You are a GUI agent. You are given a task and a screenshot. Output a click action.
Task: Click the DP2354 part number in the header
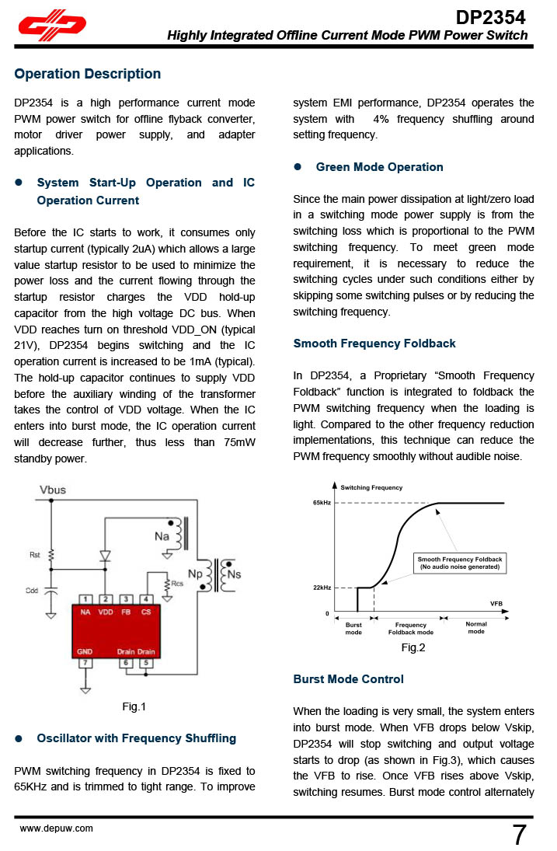(490, 17)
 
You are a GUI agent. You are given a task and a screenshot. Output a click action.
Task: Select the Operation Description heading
(88, 74)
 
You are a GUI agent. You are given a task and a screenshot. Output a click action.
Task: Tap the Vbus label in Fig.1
(54, 490)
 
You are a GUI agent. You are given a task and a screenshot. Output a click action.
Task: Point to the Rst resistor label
(35, 555)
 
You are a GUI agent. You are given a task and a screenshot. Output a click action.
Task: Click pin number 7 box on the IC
(85, 663)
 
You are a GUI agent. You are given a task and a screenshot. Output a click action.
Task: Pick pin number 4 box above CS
(146, 599)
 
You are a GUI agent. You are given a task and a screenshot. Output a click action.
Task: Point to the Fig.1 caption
(134, 706)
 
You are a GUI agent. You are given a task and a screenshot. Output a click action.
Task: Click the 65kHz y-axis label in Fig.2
(322, 504)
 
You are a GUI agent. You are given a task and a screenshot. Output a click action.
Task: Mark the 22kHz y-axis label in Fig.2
(322, 588)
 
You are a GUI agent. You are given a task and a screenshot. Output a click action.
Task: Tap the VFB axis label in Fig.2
(496, 604)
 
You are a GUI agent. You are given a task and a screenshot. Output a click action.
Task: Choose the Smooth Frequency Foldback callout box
(460, 563)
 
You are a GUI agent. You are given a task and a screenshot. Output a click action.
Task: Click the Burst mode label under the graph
(353, 628)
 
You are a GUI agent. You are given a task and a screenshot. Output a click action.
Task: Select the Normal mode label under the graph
(476, 627)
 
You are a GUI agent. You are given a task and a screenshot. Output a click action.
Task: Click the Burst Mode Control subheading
(348, 679)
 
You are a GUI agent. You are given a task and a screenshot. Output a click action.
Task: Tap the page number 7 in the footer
(519, 835)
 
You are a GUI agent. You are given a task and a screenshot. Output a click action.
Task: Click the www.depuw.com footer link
(56, 828)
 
